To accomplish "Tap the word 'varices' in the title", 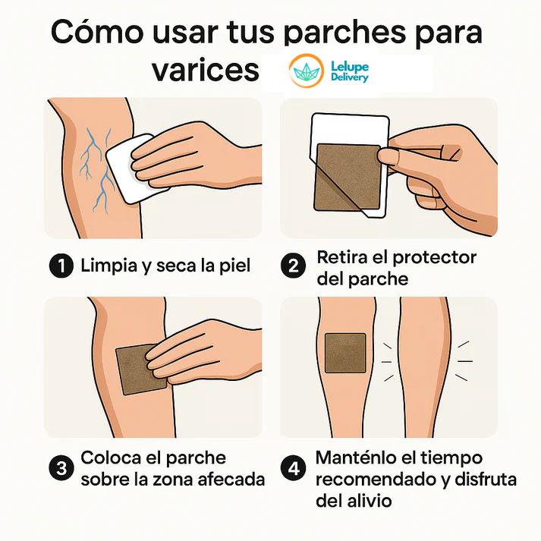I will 206,71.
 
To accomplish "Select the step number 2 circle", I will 293,266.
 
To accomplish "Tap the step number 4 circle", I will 293,468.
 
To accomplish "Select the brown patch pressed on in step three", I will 137,367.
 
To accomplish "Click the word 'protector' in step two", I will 436,257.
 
